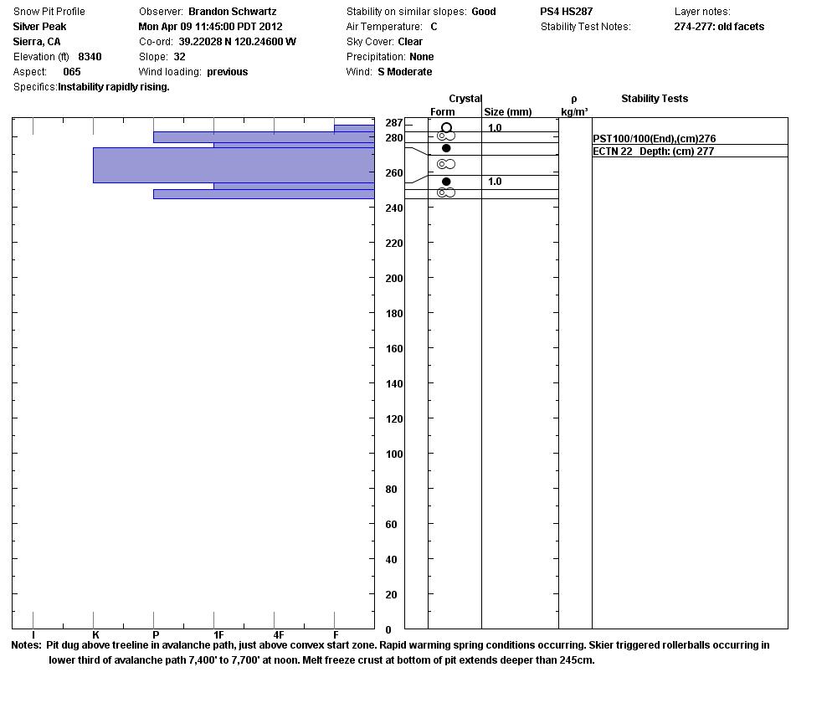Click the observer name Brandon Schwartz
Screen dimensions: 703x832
[232, 12]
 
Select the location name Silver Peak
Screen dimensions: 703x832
[39, 27]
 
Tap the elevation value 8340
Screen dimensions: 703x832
[90, 57]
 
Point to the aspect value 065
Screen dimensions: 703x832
[72, 72]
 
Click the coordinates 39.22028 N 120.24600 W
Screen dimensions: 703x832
[237, 42]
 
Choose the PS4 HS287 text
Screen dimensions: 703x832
[567, 12]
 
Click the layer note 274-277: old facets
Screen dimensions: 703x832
[719, 27]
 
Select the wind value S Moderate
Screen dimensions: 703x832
[405, 72]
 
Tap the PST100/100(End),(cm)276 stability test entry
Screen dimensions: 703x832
[655, 139]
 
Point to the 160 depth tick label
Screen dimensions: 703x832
[393, 349]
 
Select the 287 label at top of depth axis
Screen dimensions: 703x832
[393, 123]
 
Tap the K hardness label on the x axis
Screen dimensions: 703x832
[95, 636]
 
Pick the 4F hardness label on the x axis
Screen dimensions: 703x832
[279, 636]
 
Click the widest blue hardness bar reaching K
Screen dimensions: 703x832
[234, 165]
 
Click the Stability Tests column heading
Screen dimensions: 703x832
[655, 99]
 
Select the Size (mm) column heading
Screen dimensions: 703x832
[508, 112]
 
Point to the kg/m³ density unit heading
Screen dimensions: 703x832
[574, 112]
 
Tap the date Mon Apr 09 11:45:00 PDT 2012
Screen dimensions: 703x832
[210, 27]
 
